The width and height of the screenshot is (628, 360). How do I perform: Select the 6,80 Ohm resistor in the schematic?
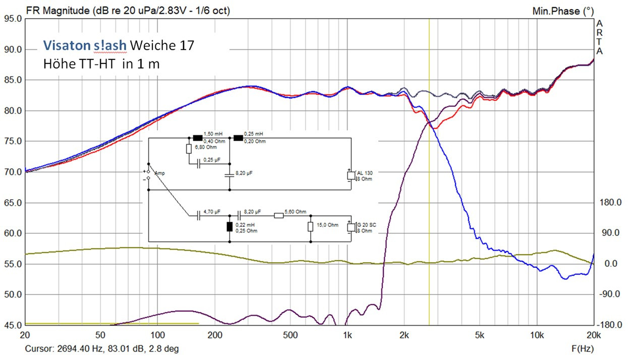(x=189, y=149)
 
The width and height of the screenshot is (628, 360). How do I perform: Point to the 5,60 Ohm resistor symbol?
(x=279, y=215)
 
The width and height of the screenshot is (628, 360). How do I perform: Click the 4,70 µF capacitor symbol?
(x=198, y=215)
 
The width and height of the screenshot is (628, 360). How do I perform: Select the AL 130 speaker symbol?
(x=351, y=176)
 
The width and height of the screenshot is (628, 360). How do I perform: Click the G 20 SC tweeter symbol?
(x=351, y=227)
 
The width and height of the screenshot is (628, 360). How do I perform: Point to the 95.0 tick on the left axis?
(x=12, y=19)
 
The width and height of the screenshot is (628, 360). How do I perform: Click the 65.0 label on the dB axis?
(x=12, y=203)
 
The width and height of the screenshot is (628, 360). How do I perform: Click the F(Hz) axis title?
(x=582, y=348)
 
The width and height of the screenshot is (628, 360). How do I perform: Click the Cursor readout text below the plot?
(x=101, y=348)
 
